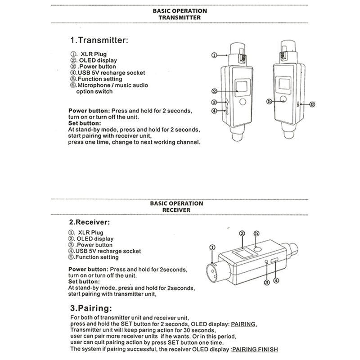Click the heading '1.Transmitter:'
[x=99, y=40]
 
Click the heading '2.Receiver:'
[x=89, y=222]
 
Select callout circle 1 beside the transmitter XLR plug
[x=214, y=55]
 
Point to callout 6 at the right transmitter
[x=312, y=104]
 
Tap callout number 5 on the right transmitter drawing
[x=269, y=101]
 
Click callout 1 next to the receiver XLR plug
[x=212, y=247]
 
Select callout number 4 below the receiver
[x=276, y=281]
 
